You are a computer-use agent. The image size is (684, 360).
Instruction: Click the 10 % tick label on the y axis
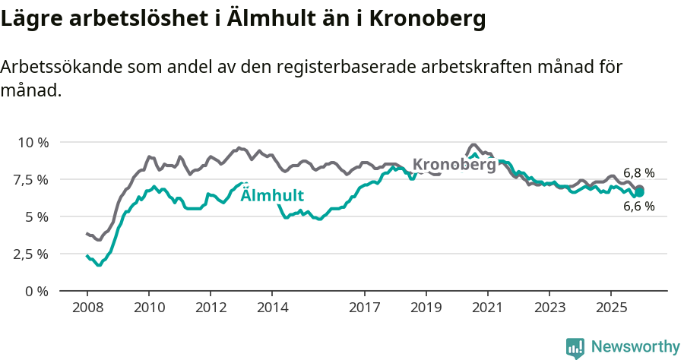coord(33,142)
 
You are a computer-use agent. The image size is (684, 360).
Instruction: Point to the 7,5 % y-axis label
coord(31,179)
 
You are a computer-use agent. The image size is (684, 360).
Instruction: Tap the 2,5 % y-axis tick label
coord(31,254)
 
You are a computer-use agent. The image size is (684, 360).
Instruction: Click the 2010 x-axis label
coord(149,308)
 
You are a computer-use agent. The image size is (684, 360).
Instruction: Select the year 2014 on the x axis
coord(272,308)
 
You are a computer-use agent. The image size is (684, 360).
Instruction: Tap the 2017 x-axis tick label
coord(365,308)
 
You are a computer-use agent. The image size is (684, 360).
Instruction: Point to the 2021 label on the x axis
coord(487,308)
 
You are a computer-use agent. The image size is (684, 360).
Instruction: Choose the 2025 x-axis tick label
coord(610,308)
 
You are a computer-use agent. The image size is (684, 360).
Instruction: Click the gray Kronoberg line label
coord(454,164)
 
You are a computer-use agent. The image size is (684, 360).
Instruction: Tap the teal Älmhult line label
coord(272,194)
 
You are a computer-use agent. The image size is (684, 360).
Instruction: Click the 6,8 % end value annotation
coord(638,173)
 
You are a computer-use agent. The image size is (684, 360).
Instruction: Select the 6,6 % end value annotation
coord(638,206)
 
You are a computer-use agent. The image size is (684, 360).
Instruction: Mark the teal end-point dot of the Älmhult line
coord(639,192)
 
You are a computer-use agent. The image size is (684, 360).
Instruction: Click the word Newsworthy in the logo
coord(635,347)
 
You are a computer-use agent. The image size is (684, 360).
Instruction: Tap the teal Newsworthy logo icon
coord(575,348)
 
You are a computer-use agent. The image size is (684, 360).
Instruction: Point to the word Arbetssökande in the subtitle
coord(60,67)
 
